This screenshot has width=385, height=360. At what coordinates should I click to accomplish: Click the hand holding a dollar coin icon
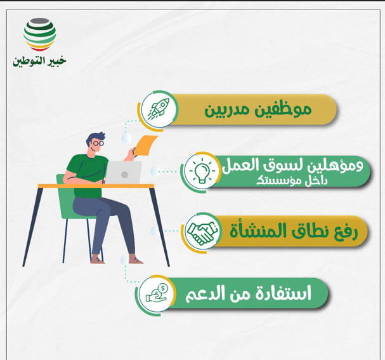(156, 293)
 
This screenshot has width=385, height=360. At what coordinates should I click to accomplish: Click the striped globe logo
(39, 34)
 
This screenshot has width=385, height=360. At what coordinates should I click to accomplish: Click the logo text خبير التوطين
(39, 61)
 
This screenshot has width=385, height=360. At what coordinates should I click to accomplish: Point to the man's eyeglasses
(97, 143)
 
